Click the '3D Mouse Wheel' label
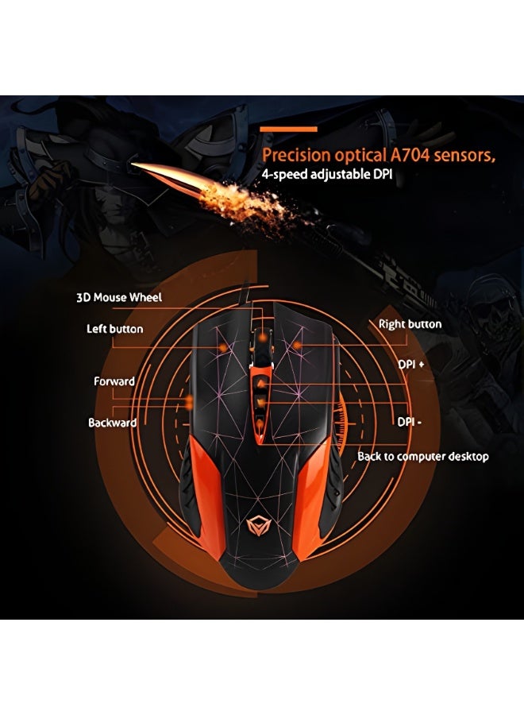tap(119, 298)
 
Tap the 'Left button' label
tap(115, 329)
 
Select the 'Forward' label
tap(114, 381)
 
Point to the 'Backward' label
tap(113, 423)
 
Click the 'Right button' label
tap(410, 324)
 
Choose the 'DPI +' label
tap(411, 365)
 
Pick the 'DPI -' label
tap(409, 422)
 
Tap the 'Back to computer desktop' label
tap(423, 457)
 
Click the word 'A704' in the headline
tap(410, 156)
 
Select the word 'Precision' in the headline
tap(296, 156)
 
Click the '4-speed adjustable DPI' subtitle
tap(326, 174)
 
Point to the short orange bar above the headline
tap(288, 129)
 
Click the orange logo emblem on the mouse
tap(259, 526)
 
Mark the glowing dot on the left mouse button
tap(223, 348)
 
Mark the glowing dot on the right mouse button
tap(297, 346)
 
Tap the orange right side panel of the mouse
tap(313, 495)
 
